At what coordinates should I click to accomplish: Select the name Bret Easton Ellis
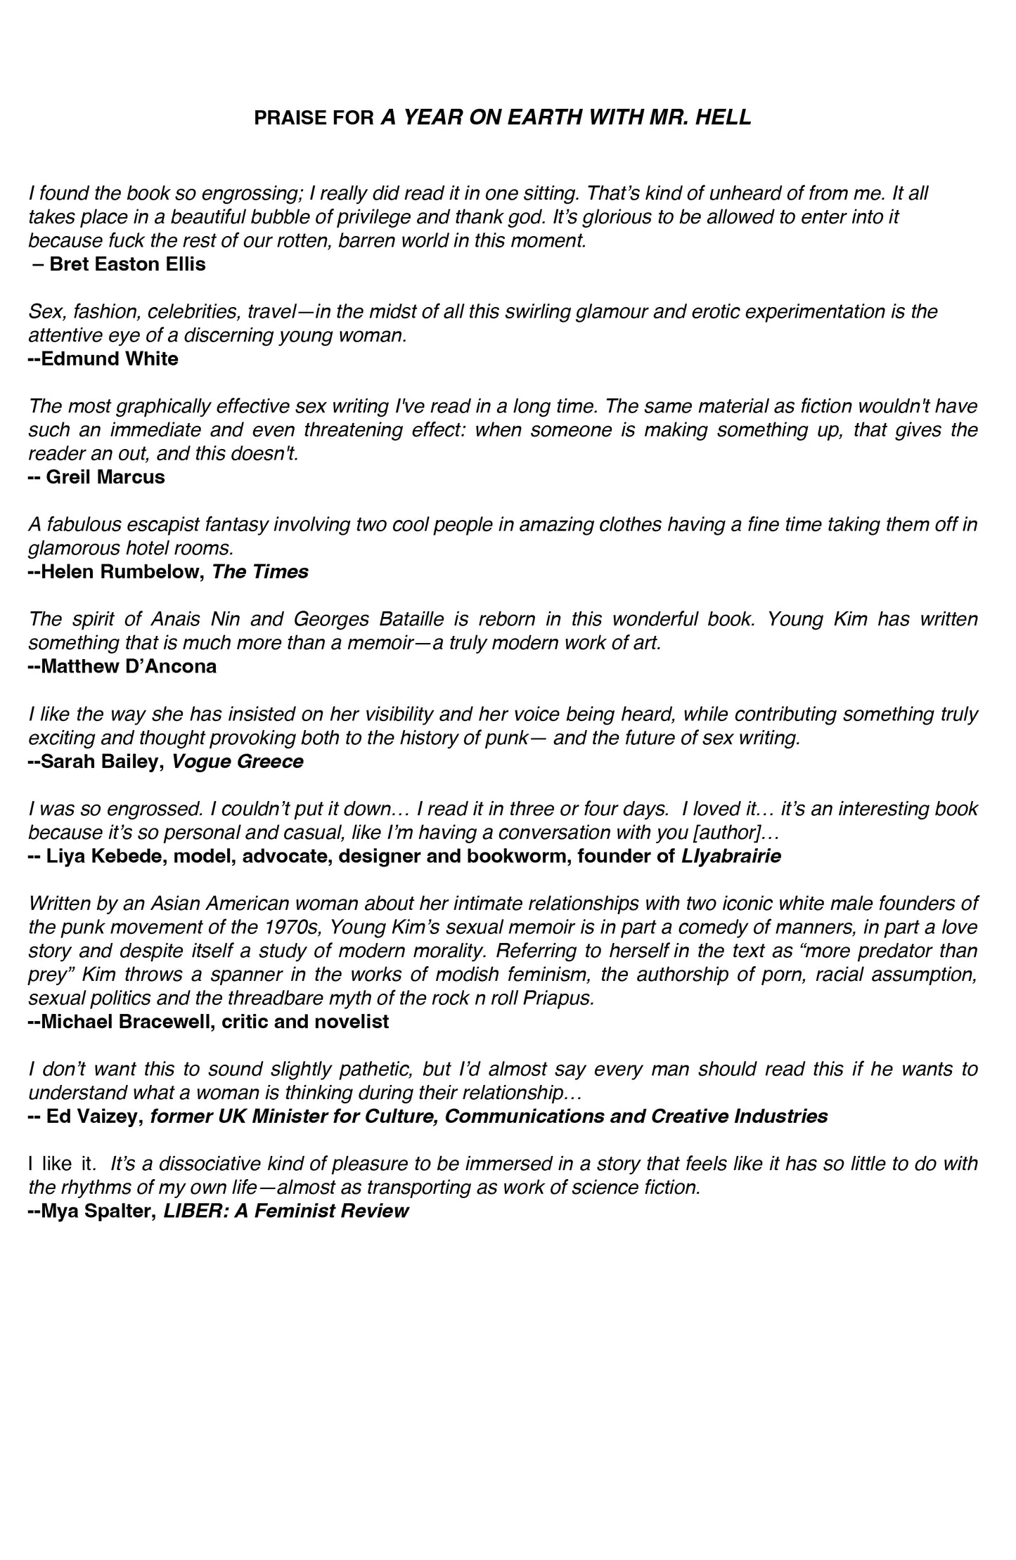pyautogui.click(x=127, y=265)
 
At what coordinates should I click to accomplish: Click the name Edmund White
pyautogui.click(x=110, y=359)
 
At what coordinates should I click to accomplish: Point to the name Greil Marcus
pyautogui.click(x=105, y=477)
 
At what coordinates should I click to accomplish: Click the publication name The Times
pyautogui.click(x=260, y=572)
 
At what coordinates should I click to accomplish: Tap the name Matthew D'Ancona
pyautogui.click(x=129, y=667)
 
